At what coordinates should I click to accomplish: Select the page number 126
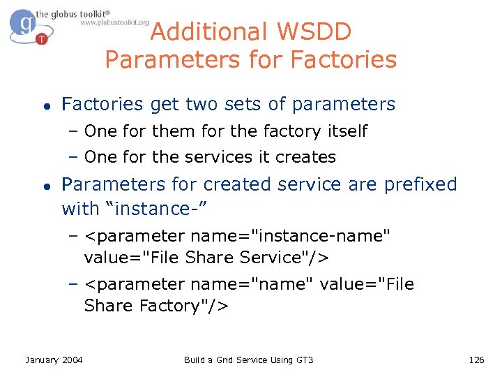(x=476, y=360)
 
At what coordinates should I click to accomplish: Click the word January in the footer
(x=43, y=360)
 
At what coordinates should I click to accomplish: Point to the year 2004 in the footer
(x=72, y=360)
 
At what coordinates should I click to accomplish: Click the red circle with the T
(x=42, y=38)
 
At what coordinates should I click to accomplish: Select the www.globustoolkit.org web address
(x=114, y=22)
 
